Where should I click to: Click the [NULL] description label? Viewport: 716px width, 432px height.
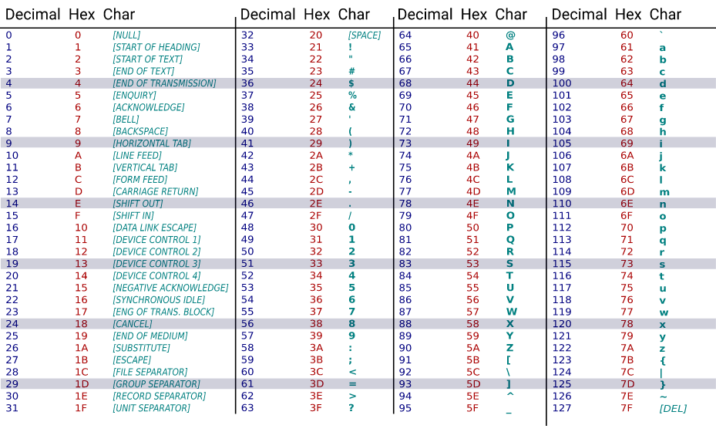coord(126,35)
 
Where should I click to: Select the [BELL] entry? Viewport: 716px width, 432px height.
coord(126,120)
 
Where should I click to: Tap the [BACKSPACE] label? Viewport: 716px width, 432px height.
coord(136,131)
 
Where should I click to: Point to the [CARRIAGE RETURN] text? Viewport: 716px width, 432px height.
coord(155,191)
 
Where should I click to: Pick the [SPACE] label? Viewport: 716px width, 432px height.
coord(365,35)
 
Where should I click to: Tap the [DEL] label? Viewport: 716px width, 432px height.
coord(673,408)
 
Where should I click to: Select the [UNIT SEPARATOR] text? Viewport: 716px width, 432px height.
coord(151,408)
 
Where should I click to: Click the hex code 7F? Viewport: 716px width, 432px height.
coord(627,408)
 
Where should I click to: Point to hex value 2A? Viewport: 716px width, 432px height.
coord(316,155)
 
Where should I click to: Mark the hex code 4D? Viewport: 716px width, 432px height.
coord(472,191)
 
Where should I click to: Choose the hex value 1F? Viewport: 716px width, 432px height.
coord(81,408)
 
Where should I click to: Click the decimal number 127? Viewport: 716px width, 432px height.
coord(562,408)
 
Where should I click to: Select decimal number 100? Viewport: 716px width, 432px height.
coord(562,83)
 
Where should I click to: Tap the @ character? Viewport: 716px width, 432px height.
coord(510,35)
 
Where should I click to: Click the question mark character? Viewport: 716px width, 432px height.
coord(351,408)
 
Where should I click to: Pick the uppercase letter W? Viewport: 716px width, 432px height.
coord(511,312)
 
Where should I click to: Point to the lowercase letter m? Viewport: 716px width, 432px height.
coord(664,192)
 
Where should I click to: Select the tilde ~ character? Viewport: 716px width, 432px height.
coord(663,397)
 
